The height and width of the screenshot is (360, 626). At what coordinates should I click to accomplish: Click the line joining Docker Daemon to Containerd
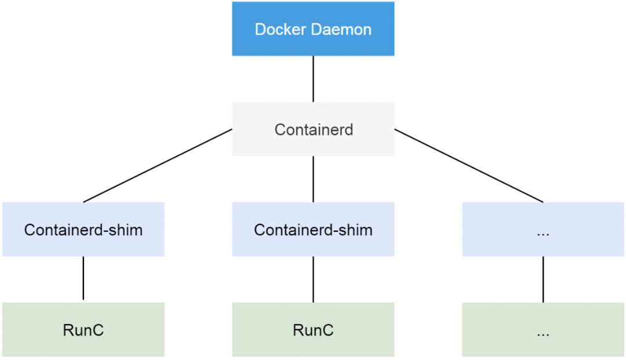313,79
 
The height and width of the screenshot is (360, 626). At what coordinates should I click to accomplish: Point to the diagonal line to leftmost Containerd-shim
158,166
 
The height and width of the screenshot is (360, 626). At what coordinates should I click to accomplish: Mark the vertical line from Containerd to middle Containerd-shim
313,179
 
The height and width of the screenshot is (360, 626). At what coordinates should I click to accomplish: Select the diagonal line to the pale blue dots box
468,166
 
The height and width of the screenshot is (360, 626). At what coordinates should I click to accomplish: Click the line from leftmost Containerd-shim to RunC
83,278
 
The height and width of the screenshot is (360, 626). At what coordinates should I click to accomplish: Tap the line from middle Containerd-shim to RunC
313,279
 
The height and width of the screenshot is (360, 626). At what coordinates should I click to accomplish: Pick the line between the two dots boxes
543,279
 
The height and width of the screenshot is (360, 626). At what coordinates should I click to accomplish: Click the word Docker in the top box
280,30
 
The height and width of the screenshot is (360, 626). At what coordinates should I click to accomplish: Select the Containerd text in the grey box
314,129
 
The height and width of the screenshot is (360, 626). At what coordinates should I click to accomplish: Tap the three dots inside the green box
543,333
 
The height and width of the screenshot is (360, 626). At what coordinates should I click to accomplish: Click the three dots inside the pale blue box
543,233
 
